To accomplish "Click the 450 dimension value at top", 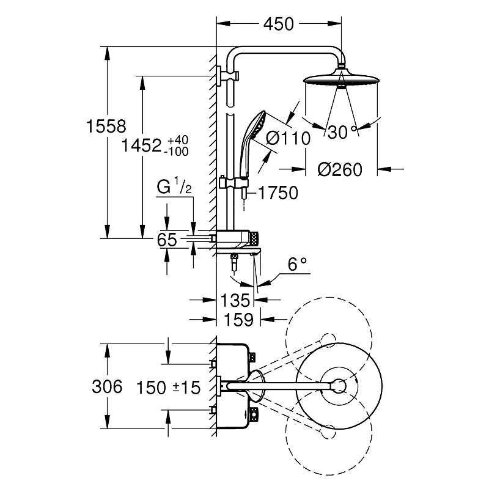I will point(278,24).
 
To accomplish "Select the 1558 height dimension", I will point(106,127).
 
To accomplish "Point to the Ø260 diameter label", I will point(340,169).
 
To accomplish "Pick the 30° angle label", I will point(339,131).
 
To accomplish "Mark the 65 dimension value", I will point(167,240).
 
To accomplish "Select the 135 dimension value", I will point(235,300).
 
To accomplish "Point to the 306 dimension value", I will point(106,386).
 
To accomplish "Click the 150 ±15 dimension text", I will point(169,387).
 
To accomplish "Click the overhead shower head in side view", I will point(340,80).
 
